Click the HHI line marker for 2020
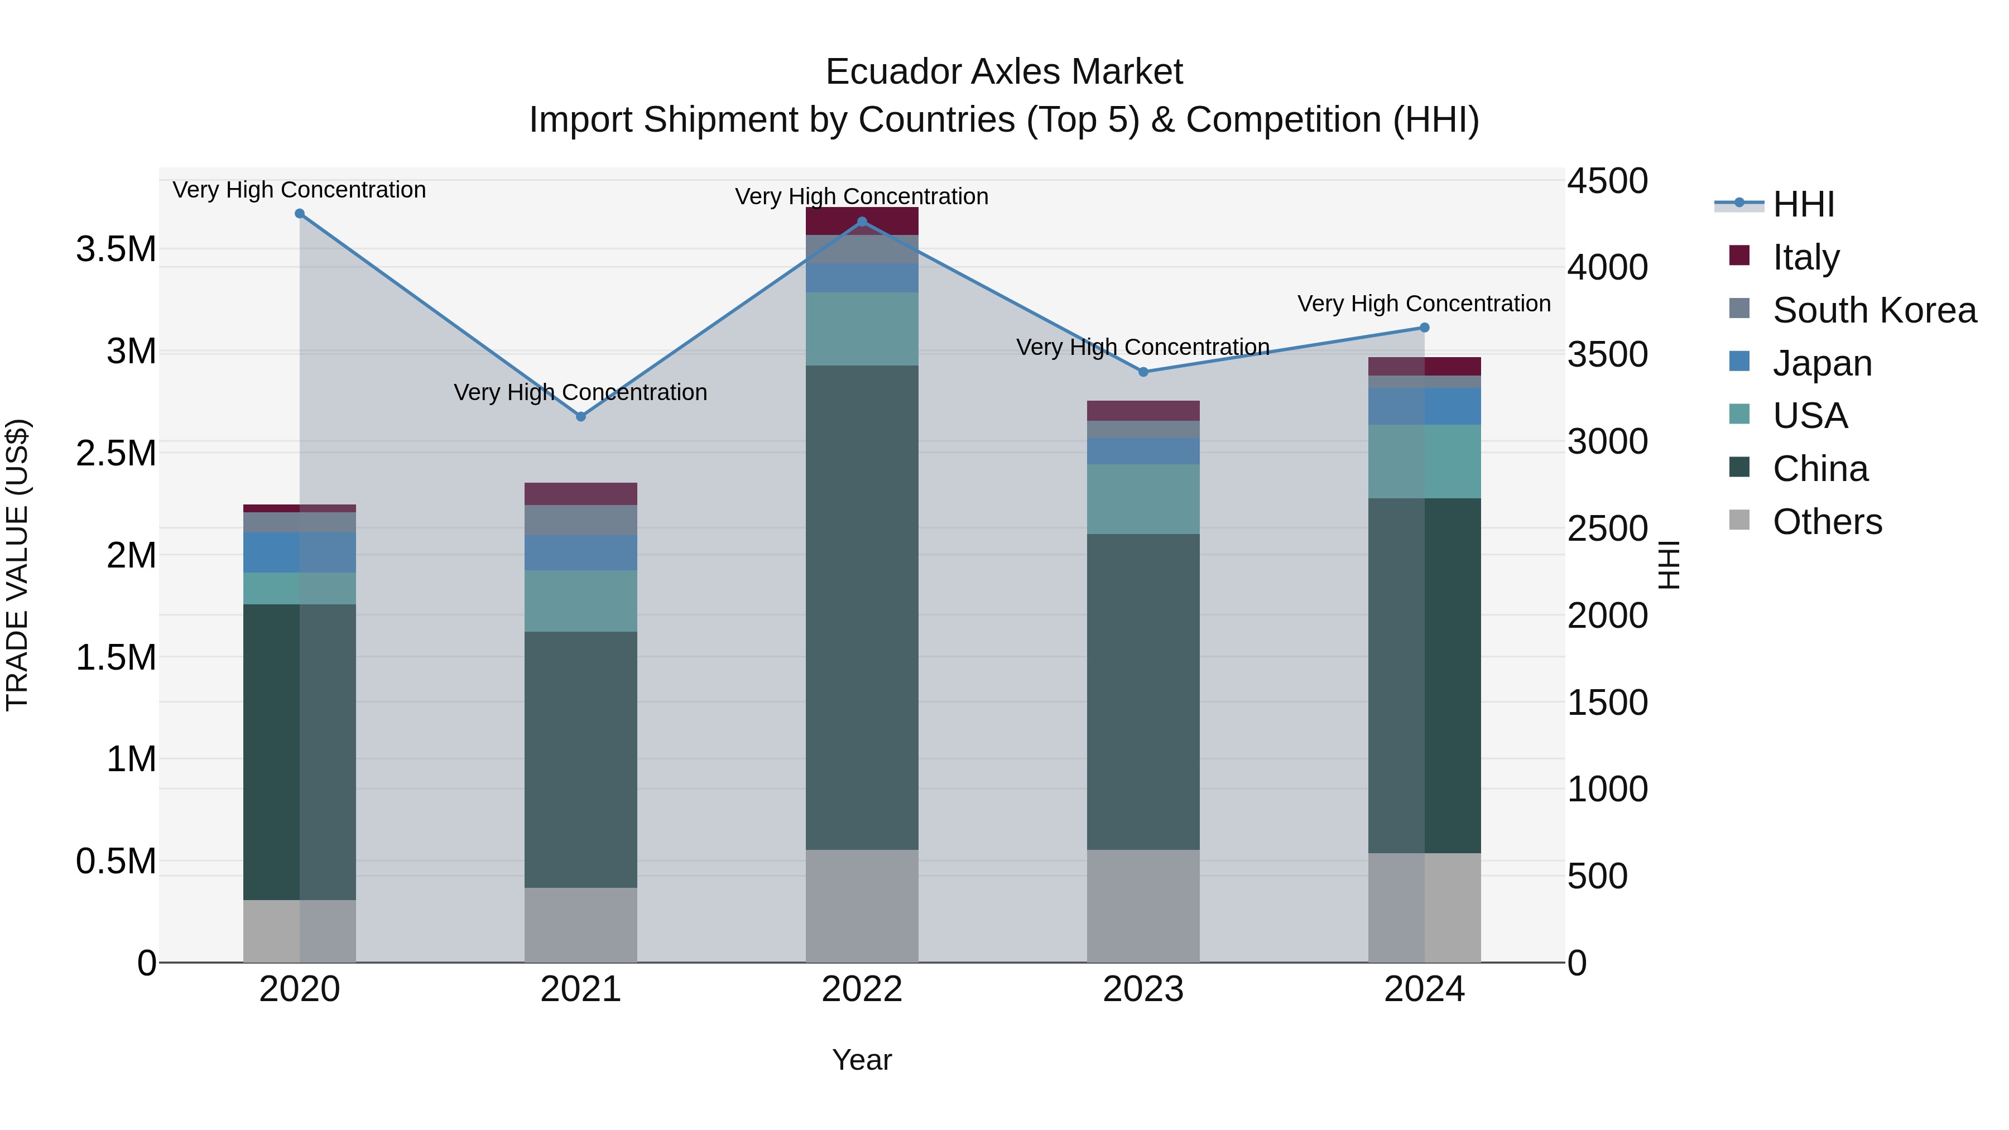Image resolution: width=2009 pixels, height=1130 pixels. point(300,214)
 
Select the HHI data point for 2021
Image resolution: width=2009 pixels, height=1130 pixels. point(580,416)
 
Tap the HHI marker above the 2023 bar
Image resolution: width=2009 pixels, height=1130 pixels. point(1143,372)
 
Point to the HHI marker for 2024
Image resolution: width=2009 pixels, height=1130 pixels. point(1424,328)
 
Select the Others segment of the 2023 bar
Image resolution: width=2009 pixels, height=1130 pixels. point(1143,906)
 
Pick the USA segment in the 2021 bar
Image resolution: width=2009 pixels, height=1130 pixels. point(580,600)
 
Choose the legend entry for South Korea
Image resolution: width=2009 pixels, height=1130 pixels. point(1874,310)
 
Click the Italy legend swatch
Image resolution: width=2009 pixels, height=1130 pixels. point(1739,256)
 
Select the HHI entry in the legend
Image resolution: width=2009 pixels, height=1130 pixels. point(1803,204)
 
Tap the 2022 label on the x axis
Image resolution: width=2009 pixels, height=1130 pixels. point(862,989)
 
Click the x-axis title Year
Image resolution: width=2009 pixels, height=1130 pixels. point(862,1060)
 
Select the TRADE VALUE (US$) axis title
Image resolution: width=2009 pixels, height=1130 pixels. point(17,565)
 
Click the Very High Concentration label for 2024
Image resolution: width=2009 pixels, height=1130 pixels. point(1424,304)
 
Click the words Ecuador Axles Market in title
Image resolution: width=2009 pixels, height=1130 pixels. point(1004,72)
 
